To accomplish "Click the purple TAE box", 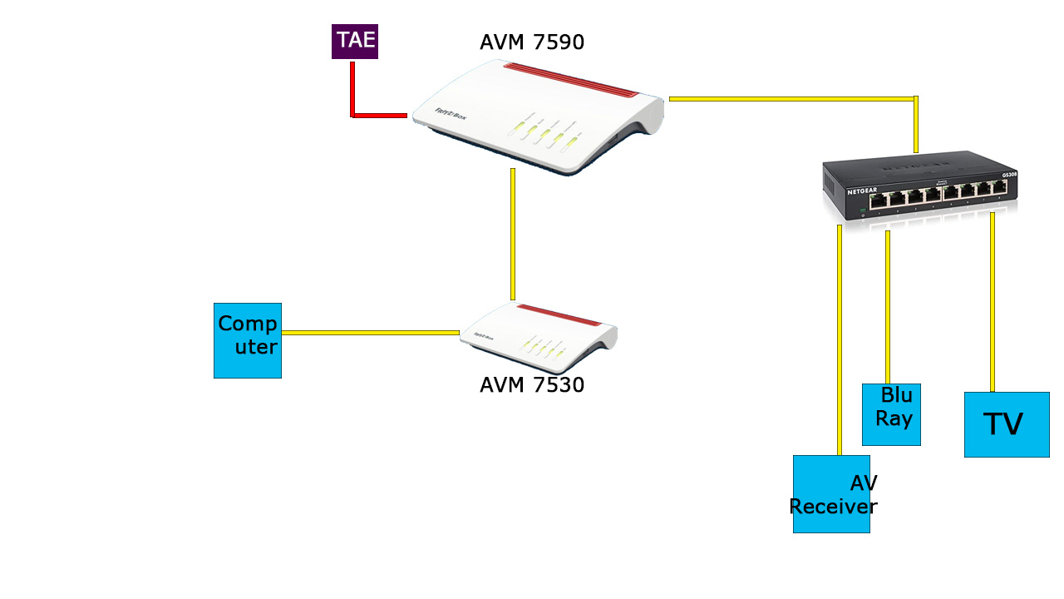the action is coord(355,42).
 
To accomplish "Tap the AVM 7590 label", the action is coord(531,42).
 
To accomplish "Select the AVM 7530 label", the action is coord(531,385).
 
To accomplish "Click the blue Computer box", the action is coord(248,340).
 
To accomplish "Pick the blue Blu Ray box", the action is coord(891,414).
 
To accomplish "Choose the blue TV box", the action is coord(1007,424).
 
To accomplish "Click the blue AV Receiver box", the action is coord(831,494).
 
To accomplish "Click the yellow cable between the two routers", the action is coord(513,234).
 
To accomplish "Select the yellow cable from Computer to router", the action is coord(371,333).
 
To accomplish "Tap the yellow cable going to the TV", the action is coord(993,302).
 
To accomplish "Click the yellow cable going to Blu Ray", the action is coord(888,307).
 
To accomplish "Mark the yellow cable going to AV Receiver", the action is coord(840,340).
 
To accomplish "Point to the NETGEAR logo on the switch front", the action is coord(862,191).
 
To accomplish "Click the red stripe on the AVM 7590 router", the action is coord(571,80).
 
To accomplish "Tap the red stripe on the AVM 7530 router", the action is coord(559,315).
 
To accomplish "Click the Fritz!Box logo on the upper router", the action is coord(451,114).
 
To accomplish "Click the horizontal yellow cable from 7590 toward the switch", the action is coord(792,99).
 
